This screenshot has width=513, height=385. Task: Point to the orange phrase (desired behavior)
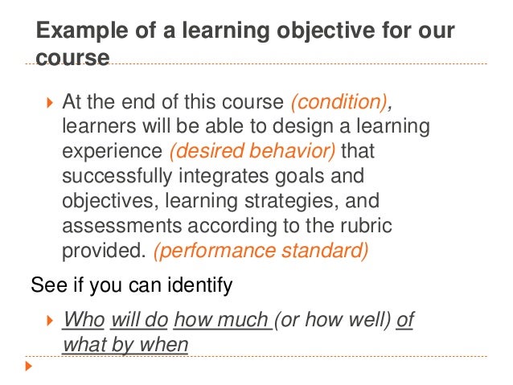coord(228,152)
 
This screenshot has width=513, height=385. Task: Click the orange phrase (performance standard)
coord(261,250)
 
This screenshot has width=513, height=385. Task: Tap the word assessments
coord(117,226)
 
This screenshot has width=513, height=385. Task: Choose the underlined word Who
coord(84,320)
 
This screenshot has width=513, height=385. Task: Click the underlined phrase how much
coord(223,320)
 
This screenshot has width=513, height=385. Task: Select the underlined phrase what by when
coord(125,345)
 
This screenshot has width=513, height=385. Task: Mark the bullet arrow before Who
coord(48,321)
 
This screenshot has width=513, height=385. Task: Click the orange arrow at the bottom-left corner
coord(30,367)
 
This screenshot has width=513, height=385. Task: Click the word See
coord(44,285)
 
